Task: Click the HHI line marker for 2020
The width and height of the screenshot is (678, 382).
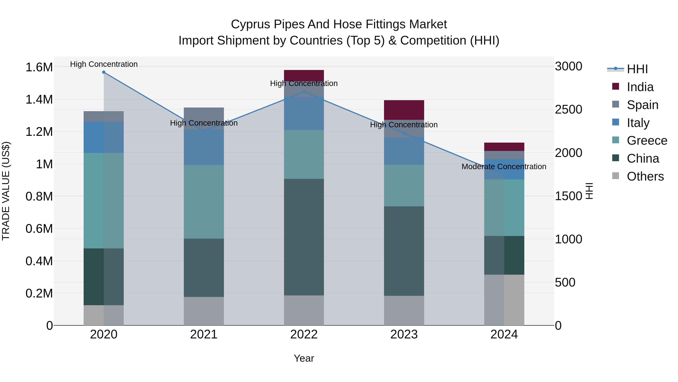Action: click(104, 72)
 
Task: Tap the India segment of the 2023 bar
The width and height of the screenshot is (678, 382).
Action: click(404, 110)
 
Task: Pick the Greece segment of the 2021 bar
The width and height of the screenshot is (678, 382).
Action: click(204, 202)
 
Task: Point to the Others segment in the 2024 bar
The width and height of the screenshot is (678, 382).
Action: click(504, 300)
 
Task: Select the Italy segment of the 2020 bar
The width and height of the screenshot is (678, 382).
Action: click(104, 137)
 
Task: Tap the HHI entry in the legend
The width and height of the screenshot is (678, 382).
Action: click(637, 69)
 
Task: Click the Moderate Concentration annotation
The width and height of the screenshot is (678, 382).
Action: click(504, 167)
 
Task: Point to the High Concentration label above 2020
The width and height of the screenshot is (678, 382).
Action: click(104, 64)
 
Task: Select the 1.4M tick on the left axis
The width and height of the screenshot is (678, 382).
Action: click(39, 100)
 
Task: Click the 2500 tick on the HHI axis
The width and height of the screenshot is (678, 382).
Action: click(569, 110)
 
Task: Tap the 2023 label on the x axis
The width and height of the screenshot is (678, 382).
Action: click(404, 334)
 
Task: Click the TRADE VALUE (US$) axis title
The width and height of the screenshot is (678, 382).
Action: click(6, 191)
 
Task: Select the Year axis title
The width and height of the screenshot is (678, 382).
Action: click(304, 358)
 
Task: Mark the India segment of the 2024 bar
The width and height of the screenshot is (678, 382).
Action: click(504, 147)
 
